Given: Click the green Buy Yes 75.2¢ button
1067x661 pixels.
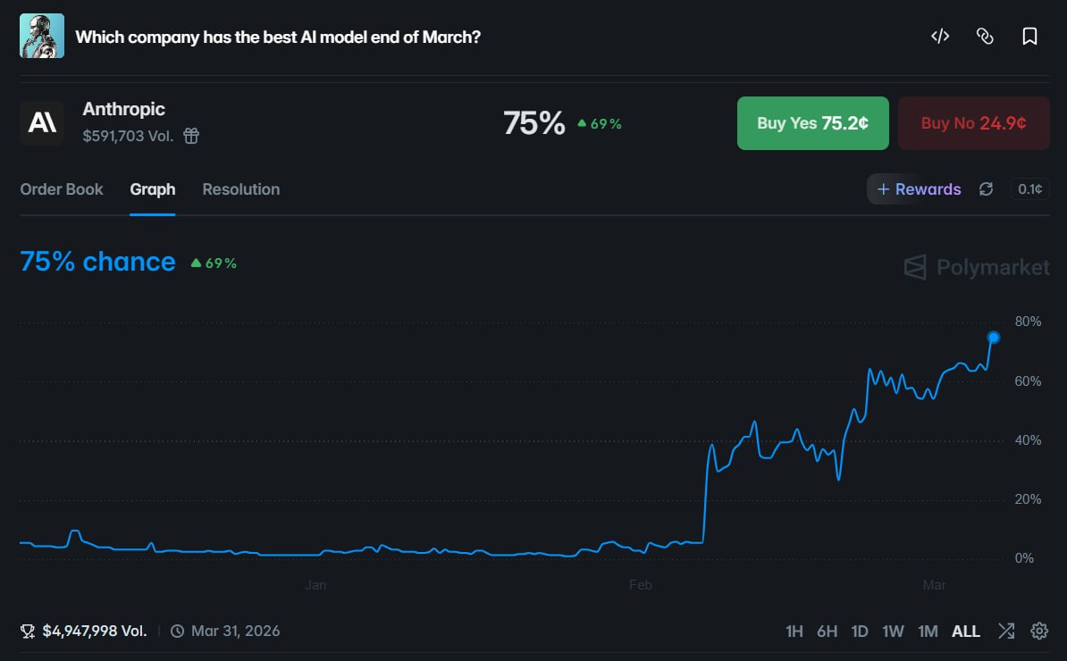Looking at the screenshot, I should coord(812,123).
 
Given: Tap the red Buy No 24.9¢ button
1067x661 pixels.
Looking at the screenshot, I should coord(973,123).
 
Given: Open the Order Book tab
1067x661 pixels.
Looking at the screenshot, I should coord(62,189).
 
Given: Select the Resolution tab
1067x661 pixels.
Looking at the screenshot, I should coord(241,189).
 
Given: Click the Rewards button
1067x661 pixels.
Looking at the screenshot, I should coord(919,189).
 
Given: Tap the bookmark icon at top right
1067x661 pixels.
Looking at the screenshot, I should coord(1029,37).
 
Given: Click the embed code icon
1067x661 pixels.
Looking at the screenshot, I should coord(940,37).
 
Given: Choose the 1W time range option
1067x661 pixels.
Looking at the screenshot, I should coord(893,632).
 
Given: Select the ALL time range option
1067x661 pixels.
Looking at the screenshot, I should coord(966,632).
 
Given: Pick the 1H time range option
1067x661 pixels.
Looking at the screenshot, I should coord(794,632).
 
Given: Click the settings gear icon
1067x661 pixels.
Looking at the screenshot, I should coord(1039,632).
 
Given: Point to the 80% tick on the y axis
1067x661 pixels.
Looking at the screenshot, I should coord(1028,322).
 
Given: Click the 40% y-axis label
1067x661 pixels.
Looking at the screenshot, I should coord(1028,440).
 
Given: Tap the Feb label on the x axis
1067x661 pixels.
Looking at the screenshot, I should coord(641,585).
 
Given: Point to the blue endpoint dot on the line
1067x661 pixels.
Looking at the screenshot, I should coord(993,338).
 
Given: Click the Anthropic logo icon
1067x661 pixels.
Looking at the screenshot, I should coord(42,123).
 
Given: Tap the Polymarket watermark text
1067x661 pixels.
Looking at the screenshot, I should coord(992,267).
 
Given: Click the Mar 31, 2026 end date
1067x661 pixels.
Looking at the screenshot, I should coord(235,632).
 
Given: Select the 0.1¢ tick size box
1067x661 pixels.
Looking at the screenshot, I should coord(1029,189).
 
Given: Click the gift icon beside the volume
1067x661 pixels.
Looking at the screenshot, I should coord(191,137).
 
